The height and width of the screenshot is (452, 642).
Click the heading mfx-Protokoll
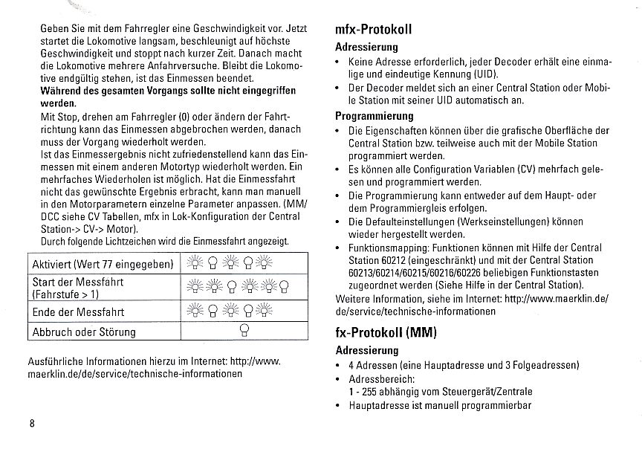click(374, 30)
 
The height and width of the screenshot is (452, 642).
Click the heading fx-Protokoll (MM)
click(386, 332)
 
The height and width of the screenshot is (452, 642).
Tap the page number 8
click(32, 424)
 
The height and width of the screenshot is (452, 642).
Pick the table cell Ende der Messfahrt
click(78, 311)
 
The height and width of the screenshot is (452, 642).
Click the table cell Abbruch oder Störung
click(84, 332)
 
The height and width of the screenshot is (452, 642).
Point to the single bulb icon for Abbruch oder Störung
click(242, 332)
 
